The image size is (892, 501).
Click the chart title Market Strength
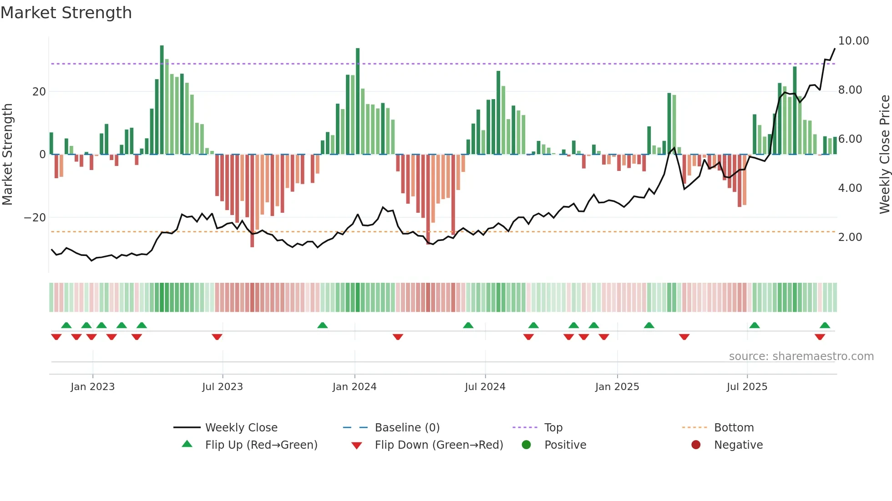pyautogui.click(x=66, y=13)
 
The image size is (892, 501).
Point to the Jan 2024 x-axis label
pyautogui.click(x=354, y=387)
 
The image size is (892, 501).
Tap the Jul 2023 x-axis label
pyautogui.click(x=223, y=387)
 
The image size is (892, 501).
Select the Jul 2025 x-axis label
pyautogui.click(x=747, y=387)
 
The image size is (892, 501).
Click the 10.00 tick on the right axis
pyautogui.click(x=853, y=41)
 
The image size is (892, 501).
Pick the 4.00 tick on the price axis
pyautogui.click(x=850, y=188)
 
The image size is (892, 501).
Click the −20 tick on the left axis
pyautogui.click(x=35, y=218)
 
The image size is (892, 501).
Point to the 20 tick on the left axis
pyautogui.click(x=39, y=92)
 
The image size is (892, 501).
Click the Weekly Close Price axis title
pyautogui.click(x=884, y=155)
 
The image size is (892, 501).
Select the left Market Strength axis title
pyautogui.click(x=7, y=155)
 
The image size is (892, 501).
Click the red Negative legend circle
pyautogui.click(x=696, y=445)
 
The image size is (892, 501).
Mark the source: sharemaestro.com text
pyautogui.click(x=801, y=356)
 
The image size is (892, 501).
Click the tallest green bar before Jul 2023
pyautogui.click(x=162, y=100)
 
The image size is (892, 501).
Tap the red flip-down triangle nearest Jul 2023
pyautogui.click(x=217, y=337)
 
